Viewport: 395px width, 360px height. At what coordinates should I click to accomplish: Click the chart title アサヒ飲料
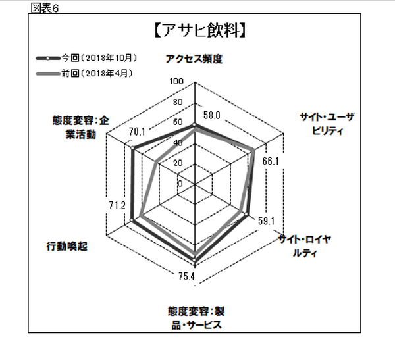click(199, 31)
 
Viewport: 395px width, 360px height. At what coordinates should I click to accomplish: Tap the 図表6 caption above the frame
click(45, 8)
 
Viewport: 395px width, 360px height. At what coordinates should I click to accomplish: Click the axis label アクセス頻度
click(194, 59)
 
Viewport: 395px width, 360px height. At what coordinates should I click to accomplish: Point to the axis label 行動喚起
click(67, 246)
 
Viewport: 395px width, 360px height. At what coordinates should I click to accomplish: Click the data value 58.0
click(212, 115)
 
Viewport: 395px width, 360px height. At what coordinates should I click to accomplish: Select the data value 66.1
click(271, 161)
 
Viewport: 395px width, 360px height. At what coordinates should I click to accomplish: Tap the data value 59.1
click(266, 221)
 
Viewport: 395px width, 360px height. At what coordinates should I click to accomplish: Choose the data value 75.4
click(187, 276)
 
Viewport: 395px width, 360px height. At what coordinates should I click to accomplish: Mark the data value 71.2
click(117, 205)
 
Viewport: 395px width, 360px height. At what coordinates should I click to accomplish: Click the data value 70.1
click(137, 132)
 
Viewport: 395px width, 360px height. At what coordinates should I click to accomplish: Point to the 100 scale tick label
click(176, 81)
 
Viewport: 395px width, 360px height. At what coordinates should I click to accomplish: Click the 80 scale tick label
click(178, 102)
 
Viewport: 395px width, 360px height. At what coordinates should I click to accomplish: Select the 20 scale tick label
click(178, 163)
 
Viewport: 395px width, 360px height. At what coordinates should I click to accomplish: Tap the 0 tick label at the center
click(180, 184)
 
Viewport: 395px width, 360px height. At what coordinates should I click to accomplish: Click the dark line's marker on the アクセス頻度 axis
click(194, 124)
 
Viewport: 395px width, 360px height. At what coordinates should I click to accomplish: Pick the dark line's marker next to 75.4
click(194, 259)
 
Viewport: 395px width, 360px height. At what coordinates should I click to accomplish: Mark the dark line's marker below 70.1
click(132, 148)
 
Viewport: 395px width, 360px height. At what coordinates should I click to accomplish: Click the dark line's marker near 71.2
click(131, 220)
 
